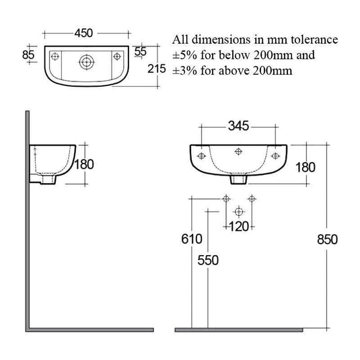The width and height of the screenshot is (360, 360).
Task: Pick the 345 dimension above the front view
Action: click(x=238, y=125)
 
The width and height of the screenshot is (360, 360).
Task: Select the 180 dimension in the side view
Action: click(x=84, y=164)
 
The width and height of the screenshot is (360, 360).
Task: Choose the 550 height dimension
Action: click(x=207, y=261)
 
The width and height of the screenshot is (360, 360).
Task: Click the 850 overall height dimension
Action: click(x=324, y=240)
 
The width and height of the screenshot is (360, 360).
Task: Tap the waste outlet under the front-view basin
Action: click(x=238, y=180)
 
